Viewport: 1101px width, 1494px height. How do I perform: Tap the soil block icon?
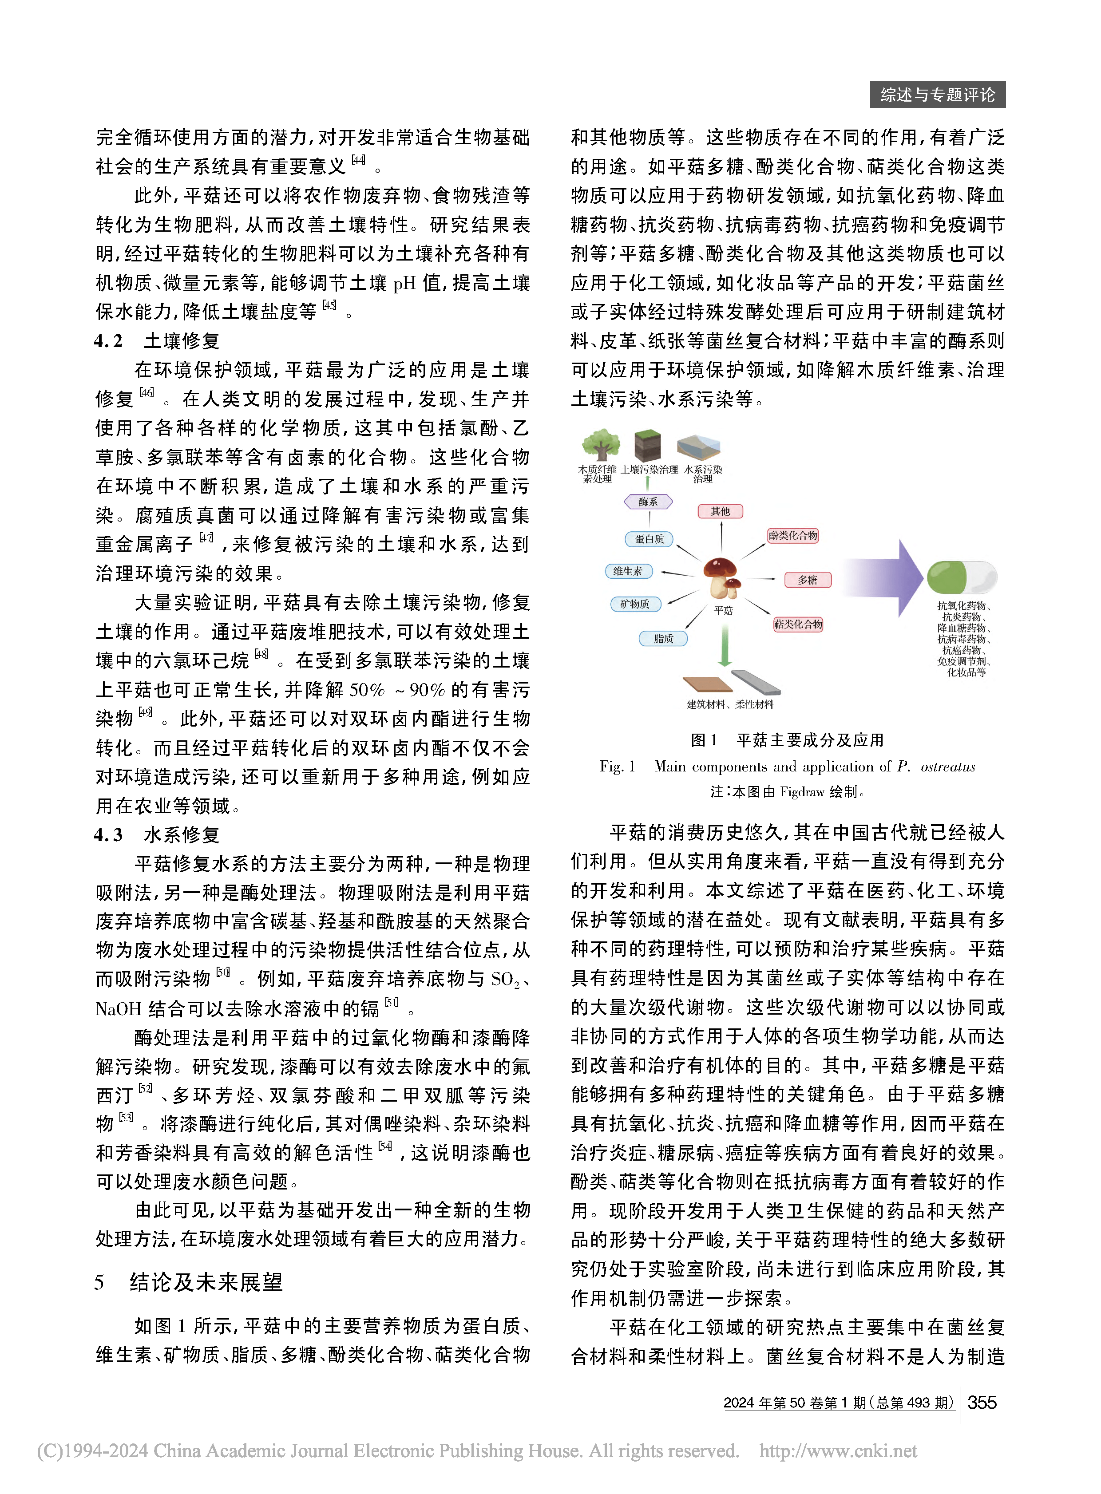point(647,444)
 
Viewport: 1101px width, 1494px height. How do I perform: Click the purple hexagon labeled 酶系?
point(648,501)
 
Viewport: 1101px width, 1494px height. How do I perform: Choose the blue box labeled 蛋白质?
point(649,538)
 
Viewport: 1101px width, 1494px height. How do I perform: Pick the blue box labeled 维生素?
point(628,571)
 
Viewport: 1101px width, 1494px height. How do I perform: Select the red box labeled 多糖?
point(807,580)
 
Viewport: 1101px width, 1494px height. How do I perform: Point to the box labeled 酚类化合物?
point(792,535)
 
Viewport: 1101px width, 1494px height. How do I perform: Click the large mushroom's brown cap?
point(720,568)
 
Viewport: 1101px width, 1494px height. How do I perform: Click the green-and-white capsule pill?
point(961,577)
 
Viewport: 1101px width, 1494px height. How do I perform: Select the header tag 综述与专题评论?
point(937,95)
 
